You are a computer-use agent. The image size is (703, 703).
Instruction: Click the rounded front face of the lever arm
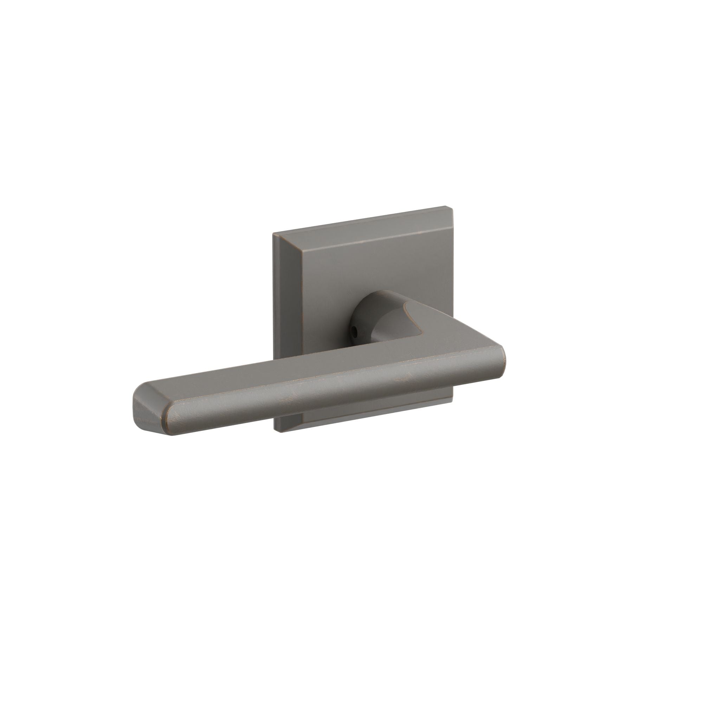click(x=328, y=400)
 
